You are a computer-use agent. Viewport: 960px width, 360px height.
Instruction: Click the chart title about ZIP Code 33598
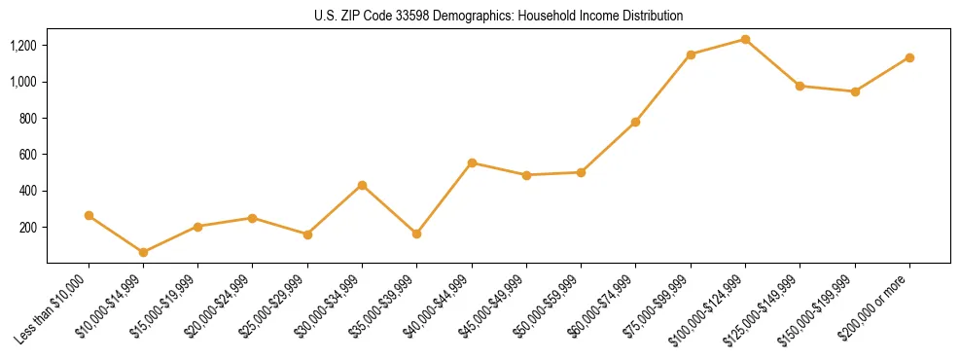click(x=498, y=16)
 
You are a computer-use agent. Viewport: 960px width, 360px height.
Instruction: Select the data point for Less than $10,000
click(x=89, y=215)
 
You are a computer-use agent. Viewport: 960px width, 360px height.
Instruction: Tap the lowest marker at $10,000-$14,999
click(x=143, y=252)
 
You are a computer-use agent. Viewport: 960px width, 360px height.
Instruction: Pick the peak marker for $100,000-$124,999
click(x=745, y=39)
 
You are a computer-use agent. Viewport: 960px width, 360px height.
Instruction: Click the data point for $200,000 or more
click(x=909, y=57)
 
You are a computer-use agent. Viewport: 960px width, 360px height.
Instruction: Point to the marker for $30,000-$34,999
click(x=362, y=185)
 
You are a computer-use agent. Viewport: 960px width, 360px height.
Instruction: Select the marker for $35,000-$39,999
click(x=416, y=234)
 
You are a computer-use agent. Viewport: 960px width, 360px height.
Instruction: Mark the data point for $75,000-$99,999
click(x=691, y=54)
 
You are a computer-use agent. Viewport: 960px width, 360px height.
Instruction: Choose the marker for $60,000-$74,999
click(x=635, y=122)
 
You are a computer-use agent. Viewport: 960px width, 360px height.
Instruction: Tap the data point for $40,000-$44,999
click(x=472, y=162)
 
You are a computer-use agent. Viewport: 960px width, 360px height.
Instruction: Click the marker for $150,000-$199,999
click(x=855, y=91)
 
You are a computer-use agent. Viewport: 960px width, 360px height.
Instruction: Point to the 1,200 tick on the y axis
click(x=23, y=46)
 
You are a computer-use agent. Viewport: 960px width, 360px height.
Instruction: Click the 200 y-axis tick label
click(x=28, y=228)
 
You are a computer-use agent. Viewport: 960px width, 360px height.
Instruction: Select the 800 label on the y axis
click(x=28, y=119)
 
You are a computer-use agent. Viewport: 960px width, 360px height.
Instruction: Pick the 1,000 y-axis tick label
click(x=23, y=82)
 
